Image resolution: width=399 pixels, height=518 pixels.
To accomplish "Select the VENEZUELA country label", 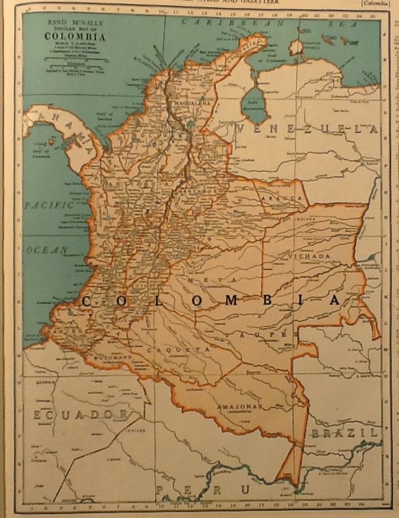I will [306, 129].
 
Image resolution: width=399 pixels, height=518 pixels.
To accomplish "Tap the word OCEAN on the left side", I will [47, 250].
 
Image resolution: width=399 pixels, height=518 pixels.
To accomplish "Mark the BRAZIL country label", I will [344, 433].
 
